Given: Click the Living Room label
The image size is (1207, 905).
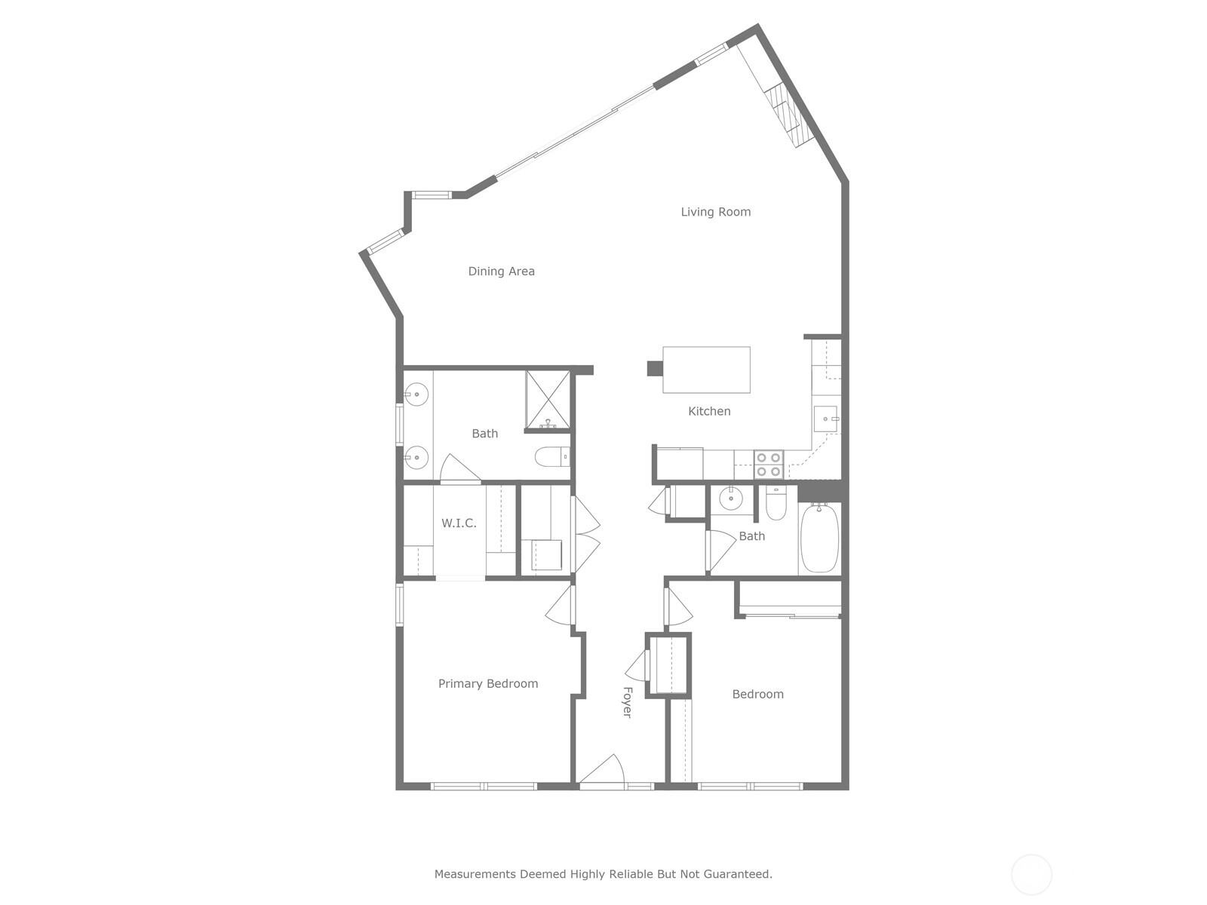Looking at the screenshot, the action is coord(715,212).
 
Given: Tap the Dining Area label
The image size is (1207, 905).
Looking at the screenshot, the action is coord(501,271).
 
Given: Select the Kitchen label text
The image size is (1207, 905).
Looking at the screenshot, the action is coord(709,411).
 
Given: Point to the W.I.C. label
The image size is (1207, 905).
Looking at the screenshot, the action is coord(459,523).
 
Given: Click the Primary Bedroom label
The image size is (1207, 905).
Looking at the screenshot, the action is coord(488,683).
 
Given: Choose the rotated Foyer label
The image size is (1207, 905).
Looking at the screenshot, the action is coord(628,702).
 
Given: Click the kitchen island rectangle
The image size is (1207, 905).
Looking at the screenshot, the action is coord(706,370).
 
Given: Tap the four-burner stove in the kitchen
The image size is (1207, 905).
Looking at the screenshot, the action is coord(768,465).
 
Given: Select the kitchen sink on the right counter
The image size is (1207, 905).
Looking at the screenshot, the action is coord(825,419).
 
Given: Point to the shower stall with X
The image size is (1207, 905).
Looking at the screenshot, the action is coord(548,400).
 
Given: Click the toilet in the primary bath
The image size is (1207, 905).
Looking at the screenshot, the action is coord(552,456).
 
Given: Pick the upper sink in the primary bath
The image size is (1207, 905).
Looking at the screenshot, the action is coord(417,394).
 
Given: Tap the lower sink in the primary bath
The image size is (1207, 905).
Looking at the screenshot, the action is coord(417,457).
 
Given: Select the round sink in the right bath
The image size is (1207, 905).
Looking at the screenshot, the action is coord(731,499).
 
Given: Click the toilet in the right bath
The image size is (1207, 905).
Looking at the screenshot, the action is coord(776,503).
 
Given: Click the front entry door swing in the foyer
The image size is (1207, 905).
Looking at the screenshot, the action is coord(601,769).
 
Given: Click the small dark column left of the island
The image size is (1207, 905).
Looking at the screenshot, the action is coord(655,369).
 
